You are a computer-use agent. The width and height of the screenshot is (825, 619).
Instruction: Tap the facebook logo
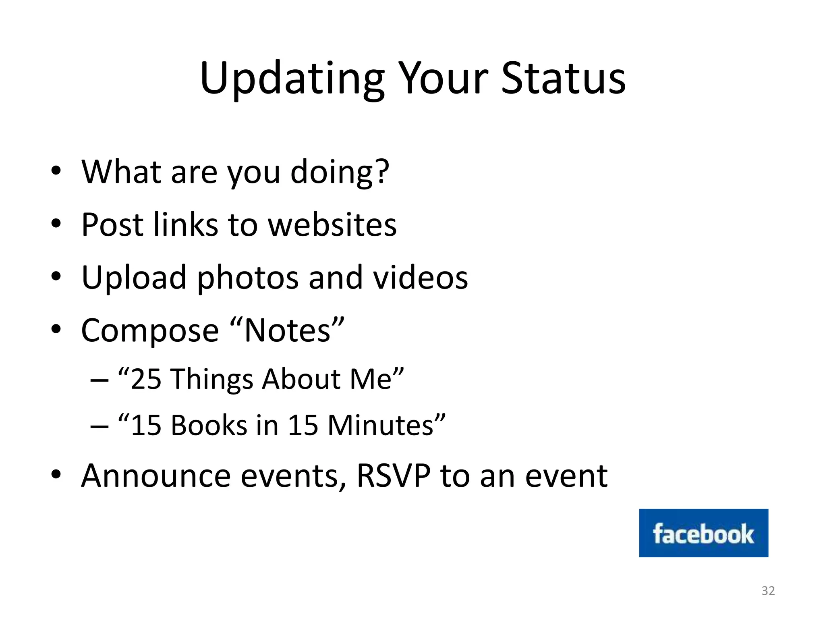point(703,533)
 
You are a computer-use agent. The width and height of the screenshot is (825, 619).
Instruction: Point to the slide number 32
point(768,591)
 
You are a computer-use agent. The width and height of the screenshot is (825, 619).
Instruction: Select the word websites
point(332,224)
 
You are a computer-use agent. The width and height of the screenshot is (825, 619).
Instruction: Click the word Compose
point(149,331)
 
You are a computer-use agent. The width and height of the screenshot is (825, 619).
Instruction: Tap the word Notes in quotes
point(287,331)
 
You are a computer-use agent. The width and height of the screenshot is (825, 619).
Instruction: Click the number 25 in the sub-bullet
point(146,379)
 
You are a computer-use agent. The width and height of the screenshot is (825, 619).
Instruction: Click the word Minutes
point(380,426)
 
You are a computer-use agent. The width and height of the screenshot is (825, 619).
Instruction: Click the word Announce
point(156,476)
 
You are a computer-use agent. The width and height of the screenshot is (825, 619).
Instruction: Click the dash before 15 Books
point(99,426)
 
